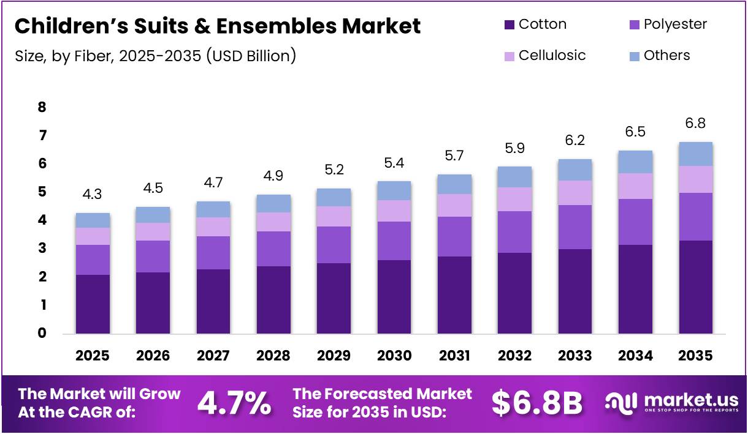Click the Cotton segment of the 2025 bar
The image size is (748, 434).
coord(93,304)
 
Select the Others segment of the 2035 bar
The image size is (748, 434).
coord(696,154)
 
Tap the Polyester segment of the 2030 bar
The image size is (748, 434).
coord(394,241)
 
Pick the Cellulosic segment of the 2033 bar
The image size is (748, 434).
coord(575,192)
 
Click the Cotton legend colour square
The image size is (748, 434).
coord(509,25)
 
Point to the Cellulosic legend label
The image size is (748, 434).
coord(552,56)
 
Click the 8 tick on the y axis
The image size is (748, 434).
coord(42,107)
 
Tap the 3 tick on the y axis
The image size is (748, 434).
coord(42,249)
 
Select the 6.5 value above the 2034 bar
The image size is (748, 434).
coord(635,132)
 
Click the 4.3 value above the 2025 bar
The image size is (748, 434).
coord(93,195)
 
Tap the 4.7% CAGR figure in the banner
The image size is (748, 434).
coord(234,403)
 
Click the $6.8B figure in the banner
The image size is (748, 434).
coord(536,403)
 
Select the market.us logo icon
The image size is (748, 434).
coord(622,401)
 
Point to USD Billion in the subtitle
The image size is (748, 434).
coord(252,56)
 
